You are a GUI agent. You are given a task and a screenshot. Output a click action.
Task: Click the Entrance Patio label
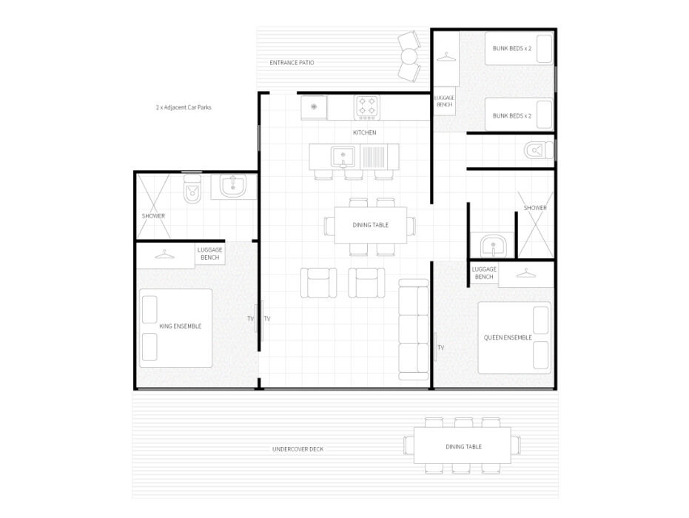coord(292,62)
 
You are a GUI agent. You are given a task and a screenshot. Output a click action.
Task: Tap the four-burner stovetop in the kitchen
coord(367,107)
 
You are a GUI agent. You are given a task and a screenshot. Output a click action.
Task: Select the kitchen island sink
coord(343,157)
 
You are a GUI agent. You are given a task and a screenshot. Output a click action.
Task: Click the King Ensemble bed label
coord(180,326)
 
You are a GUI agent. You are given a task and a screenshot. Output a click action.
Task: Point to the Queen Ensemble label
coord(508,337)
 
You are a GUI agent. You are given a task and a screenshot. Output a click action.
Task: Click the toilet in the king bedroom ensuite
coord(192,189)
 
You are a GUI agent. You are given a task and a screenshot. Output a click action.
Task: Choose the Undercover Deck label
coord(298,449)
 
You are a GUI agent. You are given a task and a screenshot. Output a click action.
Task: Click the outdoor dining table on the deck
coord(463,445)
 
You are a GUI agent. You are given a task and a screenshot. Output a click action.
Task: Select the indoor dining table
coord(371,225)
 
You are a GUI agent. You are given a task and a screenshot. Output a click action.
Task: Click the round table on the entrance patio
coord(409,56)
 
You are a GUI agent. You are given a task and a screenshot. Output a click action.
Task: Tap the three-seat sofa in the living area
coord(414,329)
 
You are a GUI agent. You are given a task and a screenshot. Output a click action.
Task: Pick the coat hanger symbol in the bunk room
coord(446,57)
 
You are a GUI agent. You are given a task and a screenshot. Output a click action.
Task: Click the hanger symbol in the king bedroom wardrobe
coord(164,255)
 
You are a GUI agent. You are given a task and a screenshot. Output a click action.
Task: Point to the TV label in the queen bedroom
coord(441,348)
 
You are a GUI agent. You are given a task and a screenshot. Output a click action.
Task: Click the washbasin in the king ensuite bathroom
coord(233,186)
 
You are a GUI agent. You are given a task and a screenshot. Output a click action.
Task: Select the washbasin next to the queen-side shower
coord(493,246)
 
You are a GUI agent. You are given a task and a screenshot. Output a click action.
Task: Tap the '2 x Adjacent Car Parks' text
coord(184,107)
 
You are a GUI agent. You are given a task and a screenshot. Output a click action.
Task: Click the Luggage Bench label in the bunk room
coord(444,101)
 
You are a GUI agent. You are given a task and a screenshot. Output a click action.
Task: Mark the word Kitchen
coord(365,132)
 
